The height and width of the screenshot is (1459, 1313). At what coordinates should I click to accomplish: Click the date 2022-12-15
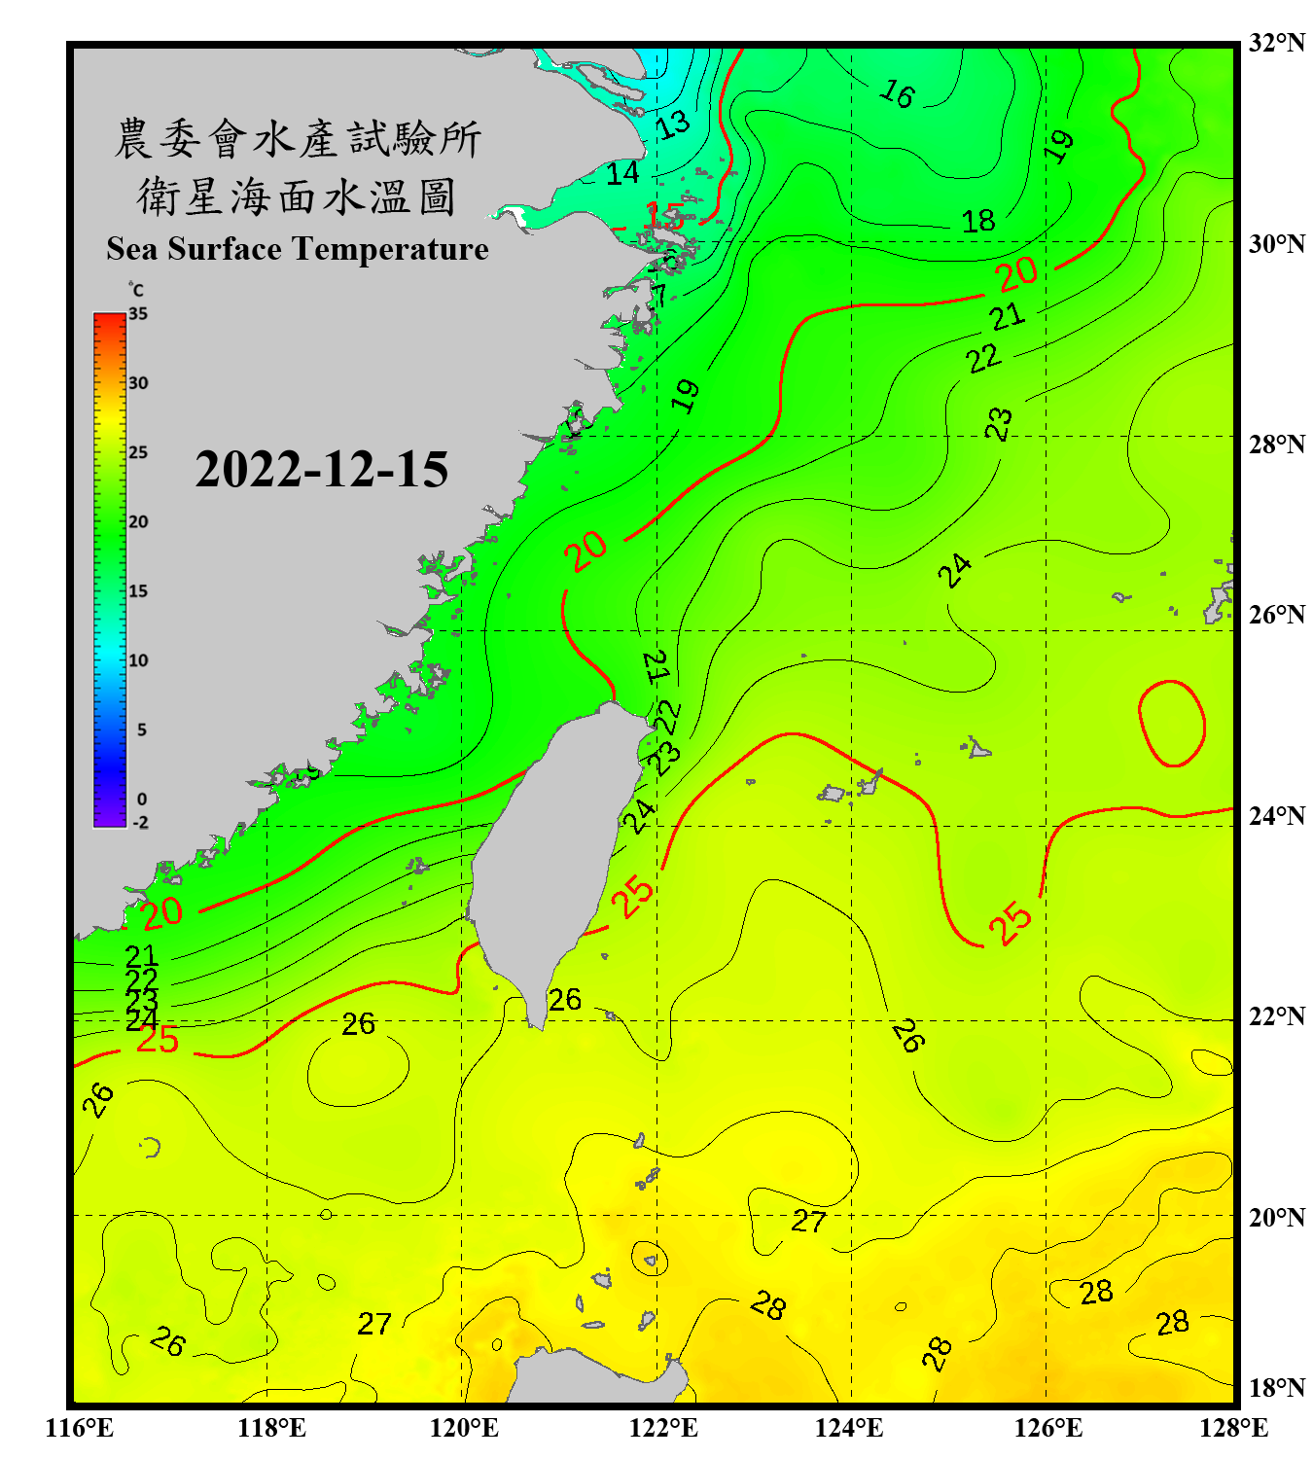321,470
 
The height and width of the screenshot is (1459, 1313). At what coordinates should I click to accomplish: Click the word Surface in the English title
225,249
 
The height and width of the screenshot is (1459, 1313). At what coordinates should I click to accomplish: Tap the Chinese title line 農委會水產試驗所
298,138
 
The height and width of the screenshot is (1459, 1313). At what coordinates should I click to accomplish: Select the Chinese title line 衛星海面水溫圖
297,196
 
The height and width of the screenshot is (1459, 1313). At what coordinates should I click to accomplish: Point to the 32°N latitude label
1276,43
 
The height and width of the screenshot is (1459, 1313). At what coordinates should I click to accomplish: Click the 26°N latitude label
1276,615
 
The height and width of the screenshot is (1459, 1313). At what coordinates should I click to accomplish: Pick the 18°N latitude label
1276,1388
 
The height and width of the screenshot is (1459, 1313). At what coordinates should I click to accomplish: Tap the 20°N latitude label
1276,1218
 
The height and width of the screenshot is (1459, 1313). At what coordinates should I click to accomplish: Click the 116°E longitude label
80,1428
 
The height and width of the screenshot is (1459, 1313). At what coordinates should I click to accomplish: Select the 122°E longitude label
663,1428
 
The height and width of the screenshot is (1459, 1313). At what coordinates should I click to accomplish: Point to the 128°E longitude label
1233,1428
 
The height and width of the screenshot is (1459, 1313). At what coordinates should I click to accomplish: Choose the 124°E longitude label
849,1428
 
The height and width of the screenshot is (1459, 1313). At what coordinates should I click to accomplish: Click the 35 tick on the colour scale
138,314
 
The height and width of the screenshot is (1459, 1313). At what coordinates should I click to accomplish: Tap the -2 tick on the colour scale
140,823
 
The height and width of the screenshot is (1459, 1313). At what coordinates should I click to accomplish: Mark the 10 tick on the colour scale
138,660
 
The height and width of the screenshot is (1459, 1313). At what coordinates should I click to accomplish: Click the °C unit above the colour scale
136,290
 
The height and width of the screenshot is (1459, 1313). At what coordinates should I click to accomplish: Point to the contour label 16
897,93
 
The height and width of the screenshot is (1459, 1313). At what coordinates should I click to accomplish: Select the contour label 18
978,221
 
